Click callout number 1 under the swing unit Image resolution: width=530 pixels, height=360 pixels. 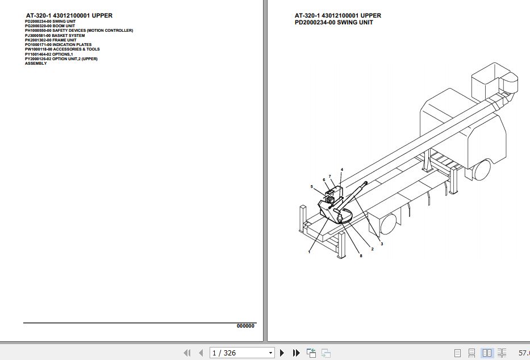pos(309,252)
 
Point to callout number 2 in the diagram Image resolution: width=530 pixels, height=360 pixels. pos(372,249)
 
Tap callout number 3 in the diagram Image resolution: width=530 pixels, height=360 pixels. pos(382,244)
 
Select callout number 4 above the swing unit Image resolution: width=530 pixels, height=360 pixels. pos(342,170)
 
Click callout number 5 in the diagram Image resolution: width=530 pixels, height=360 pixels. pos(311,186)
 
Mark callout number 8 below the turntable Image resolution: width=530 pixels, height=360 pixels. pos(361,256)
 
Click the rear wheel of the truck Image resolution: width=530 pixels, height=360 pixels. pos(389,223)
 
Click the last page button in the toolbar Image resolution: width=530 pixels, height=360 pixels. pos(296,353)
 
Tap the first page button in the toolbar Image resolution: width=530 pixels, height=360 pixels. pos(187,353)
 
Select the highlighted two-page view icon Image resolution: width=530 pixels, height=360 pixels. pos(487,353)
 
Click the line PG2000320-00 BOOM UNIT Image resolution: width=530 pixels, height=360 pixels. pos(50,26)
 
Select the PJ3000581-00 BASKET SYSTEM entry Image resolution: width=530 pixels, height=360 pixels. pos(55,35)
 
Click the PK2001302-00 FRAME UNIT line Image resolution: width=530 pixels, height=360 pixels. pos(51,40)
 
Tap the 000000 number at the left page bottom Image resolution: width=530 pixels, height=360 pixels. pos(245,326)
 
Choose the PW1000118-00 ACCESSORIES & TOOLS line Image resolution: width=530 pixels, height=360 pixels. pos(62,49)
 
